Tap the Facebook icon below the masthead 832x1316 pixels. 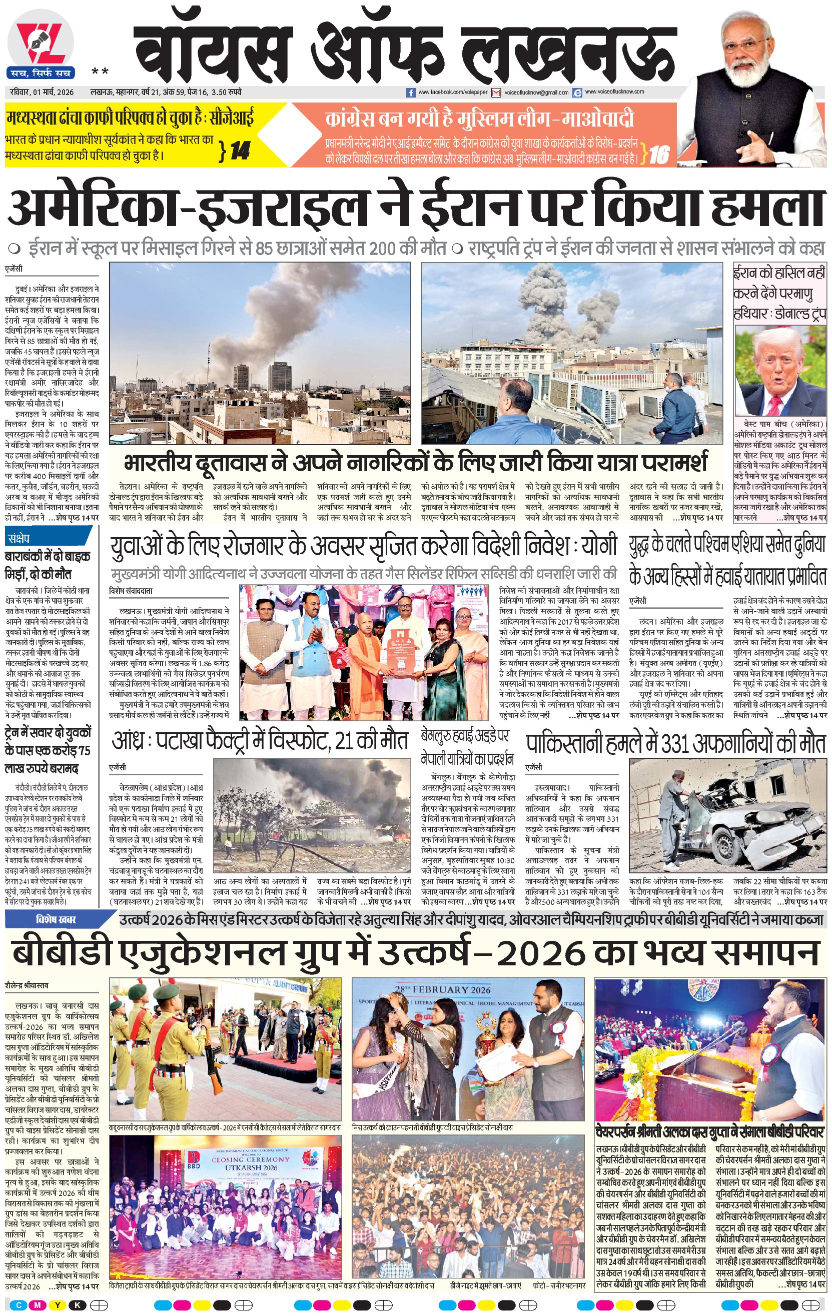412,93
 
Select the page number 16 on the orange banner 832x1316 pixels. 659,155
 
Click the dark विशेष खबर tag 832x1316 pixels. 57,920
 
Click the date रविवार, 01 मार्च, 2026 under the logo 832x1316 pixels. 42,92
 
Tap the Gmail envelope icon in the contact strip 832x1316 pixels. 496,93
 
